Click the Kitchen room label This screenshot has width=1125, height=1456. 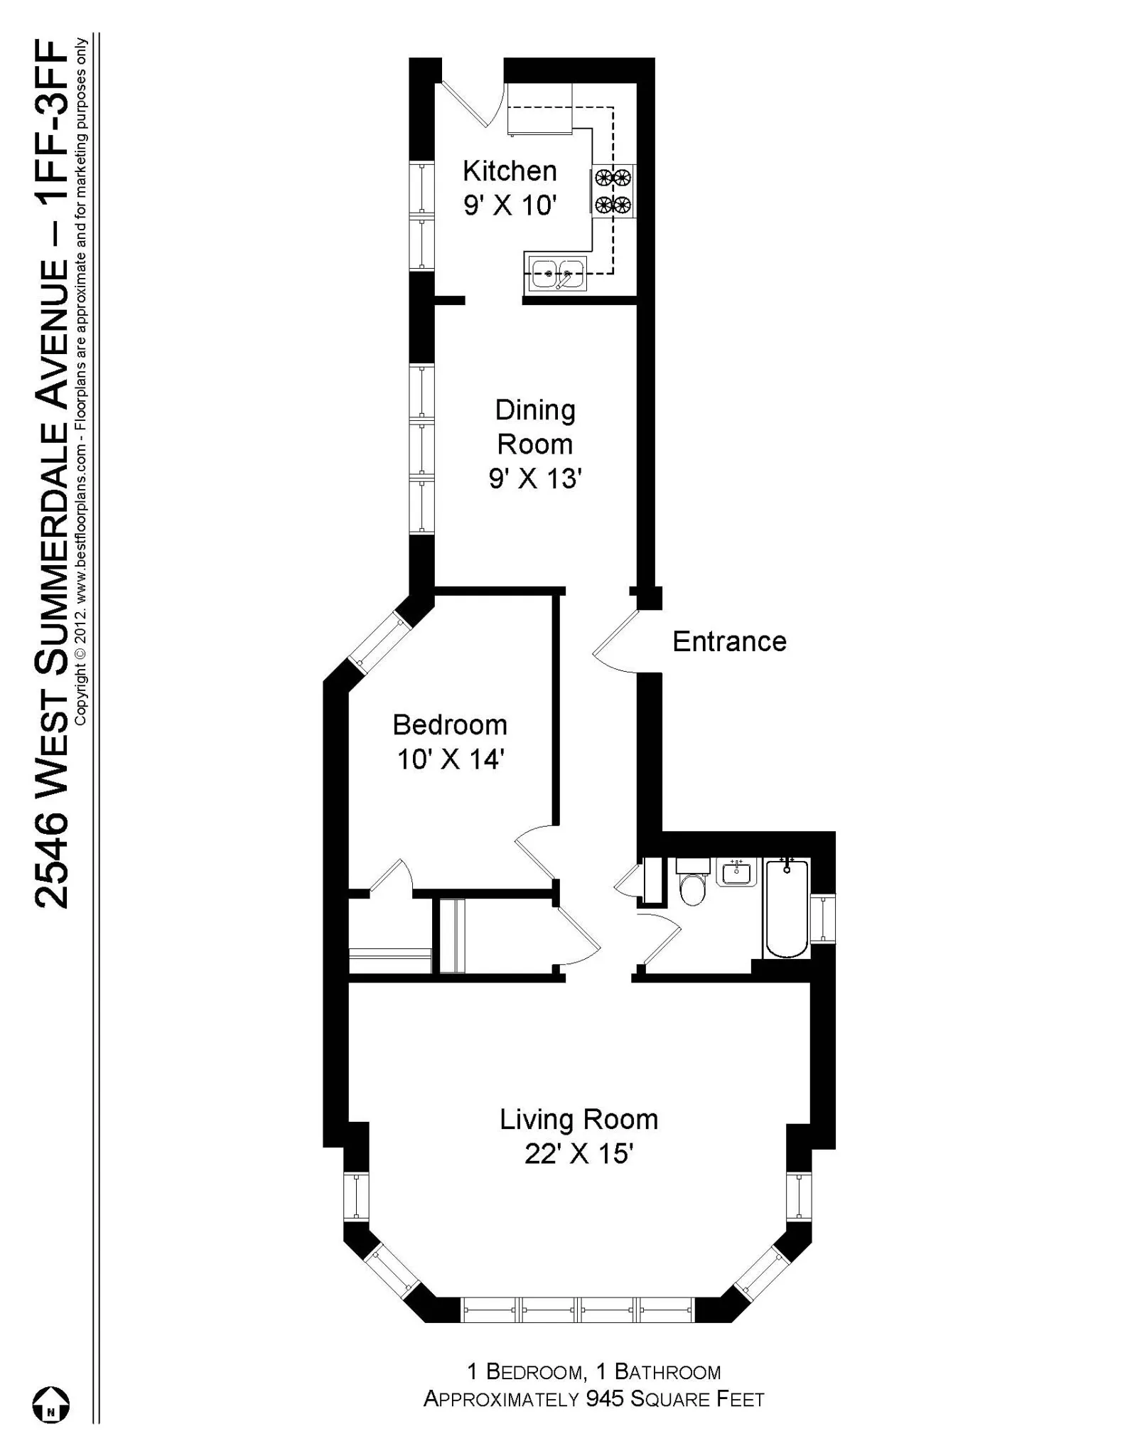pos(510,171)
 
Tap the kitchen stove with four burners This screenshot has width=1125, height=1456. pos(613,191)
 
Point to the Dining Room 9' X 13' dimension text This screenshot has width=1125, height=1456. pos(535,478)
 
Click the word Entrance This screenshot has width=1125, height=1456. pos(729,641)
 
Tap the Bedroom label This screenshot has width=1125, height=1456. pos(450,725)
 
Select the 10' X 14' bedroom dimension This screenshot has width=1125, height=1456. pos(450,759)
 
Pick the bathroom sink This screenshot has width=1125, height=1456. pos(737,872)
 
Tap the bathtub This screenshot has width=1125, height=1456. pos(786,909)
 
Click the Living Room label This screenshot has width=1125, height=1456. pos(578,1119)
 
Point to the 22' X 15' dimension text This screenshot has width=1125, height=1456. pos(578,1153)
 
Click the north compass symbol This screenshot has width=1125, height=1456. pos(51,1405)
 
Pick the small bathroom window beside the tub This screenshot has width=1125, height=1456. pos(823,918)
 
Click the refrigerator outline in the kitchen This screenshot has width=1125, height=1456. pos(539,108)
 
